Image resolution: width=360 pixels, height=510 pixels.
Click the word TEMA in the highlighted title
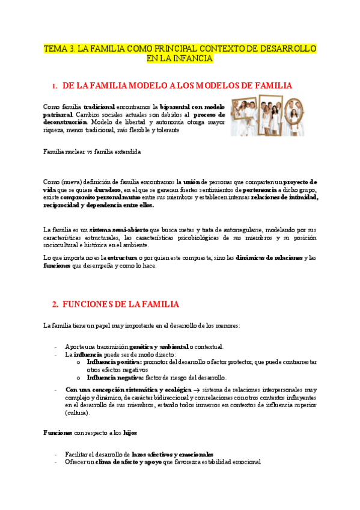55,48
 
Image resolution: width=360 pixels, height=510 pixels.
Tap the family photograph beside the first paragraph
267,114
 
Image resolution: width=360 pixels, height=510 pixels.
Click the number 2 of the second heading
55,304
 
